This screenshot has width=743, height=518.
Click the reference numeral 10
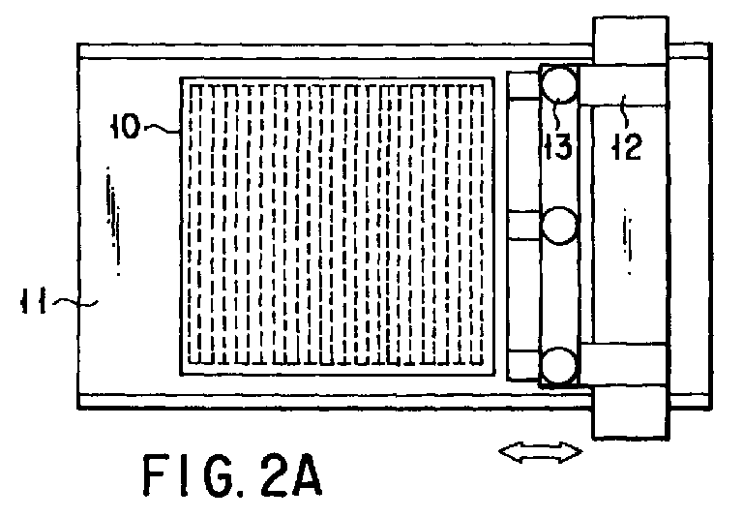pyautogui.click(x=126, y=127)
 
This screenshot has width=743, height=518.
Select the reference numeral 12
pyautogui.click(x=627, y=146)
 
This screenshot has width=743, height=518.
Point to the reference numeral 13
pyautogui.click(x=558, y=146)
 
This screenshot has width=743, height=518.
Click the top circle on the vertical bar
pyautogui.click(x=559, y=84)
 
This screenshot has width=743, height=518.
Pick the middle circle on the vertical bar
pyautogui.click(x=559, y=226)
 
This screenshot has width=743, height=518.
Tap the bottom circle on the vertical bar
pyautogui.click(x=559, y=365)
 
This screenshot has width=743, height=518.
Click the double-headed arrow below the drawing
pyautogui.click(x=540, y=451)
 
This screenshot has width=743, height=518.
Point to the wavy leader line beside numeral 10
pyautogui.click(x=162, y=128)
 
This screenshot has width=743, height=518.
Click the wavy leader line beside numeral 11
pyautogui.click(x=74, y=303)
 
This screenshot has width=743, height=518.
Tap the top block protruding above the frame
pyautogui.click(x=630, y=41)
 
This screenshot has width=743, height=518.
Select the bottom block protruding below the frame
pyautogui.click(x=630, y=411)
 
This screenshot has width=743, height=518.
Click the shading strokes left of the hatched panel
pyautogui.click(x=114, y=221)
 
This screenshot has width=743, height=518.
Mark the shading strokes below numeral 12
pyautogui.click(x=627, y=241)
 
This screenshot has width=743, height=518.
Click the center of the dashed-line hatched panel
pyautogui.click(x=337, y=226)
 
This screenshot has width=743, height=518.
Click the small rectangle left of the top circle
pyautogui.click(x=523, y=85)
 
